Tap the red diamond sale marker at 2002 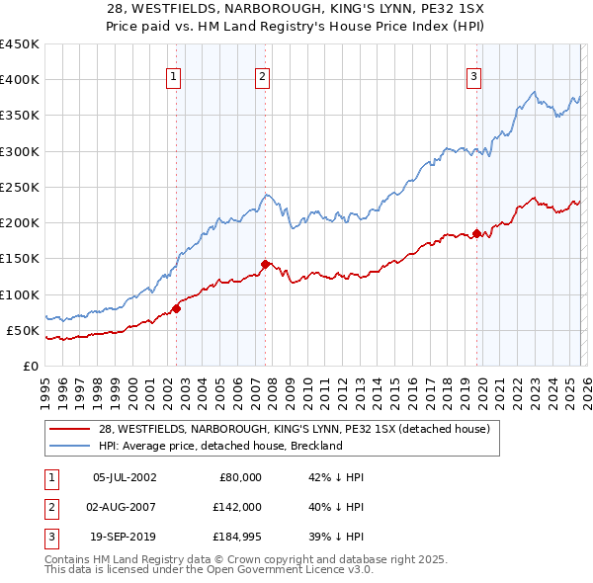point(176,308)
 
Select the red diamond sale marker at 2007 point(266,264)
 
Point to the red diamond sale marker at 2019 point(476,234)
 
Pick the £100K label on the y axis point(19,294)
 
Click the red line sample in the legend point(70,429)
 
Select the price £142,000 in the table point(237,509)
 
